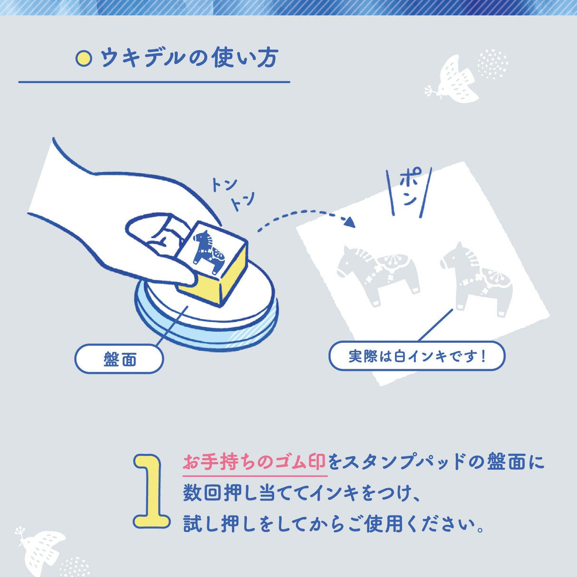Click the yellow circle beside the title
coord(84,58)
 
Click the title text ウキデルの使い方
coord(189,58)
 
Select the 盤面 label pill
coord(119,359)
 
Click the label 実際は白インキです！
coord(417,356)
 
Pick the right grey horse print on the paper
coord(476,279)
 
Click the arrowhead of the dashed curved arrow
coord(350,222)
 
